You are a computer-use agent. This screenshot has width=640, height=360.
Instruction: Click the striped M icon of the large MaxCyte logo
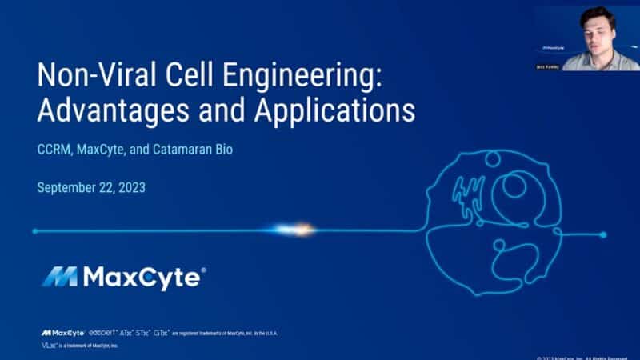pos(59,277)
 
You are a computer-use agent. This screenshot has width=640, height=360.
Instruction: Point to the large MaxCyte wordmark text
pos(144,277)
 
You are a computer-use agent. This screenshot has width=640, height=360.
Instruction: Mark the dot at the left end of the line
pos(35,231)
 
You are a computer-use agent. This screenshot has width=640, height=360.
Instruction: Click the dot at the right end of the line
pos(603,234)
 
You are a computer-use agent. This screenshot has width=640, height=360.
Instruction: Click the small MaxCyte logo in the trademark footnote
pos(58,332)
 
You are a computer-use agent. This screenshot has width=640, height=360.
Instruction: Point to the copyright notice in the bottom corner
pos(588,357)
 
